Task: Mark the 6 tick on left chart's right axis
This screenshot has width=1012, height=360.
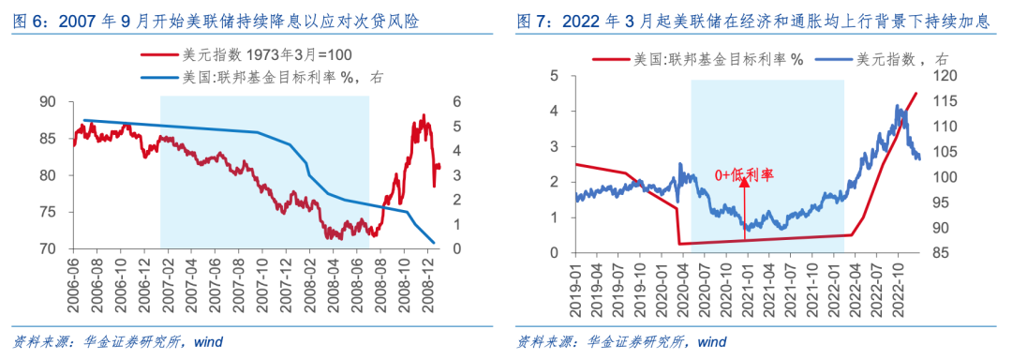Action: coord(458,101)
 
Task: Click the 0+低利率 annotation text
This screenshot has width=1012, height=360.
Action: coord(747,173)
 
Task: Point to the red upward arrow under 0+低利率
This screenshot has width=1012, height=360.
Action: coord(746,211)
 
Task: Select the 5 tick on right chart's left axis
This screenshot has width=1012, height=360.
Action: coord(555,76)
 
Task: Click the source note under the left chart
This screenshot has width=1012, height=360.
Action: coord(117,341)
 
